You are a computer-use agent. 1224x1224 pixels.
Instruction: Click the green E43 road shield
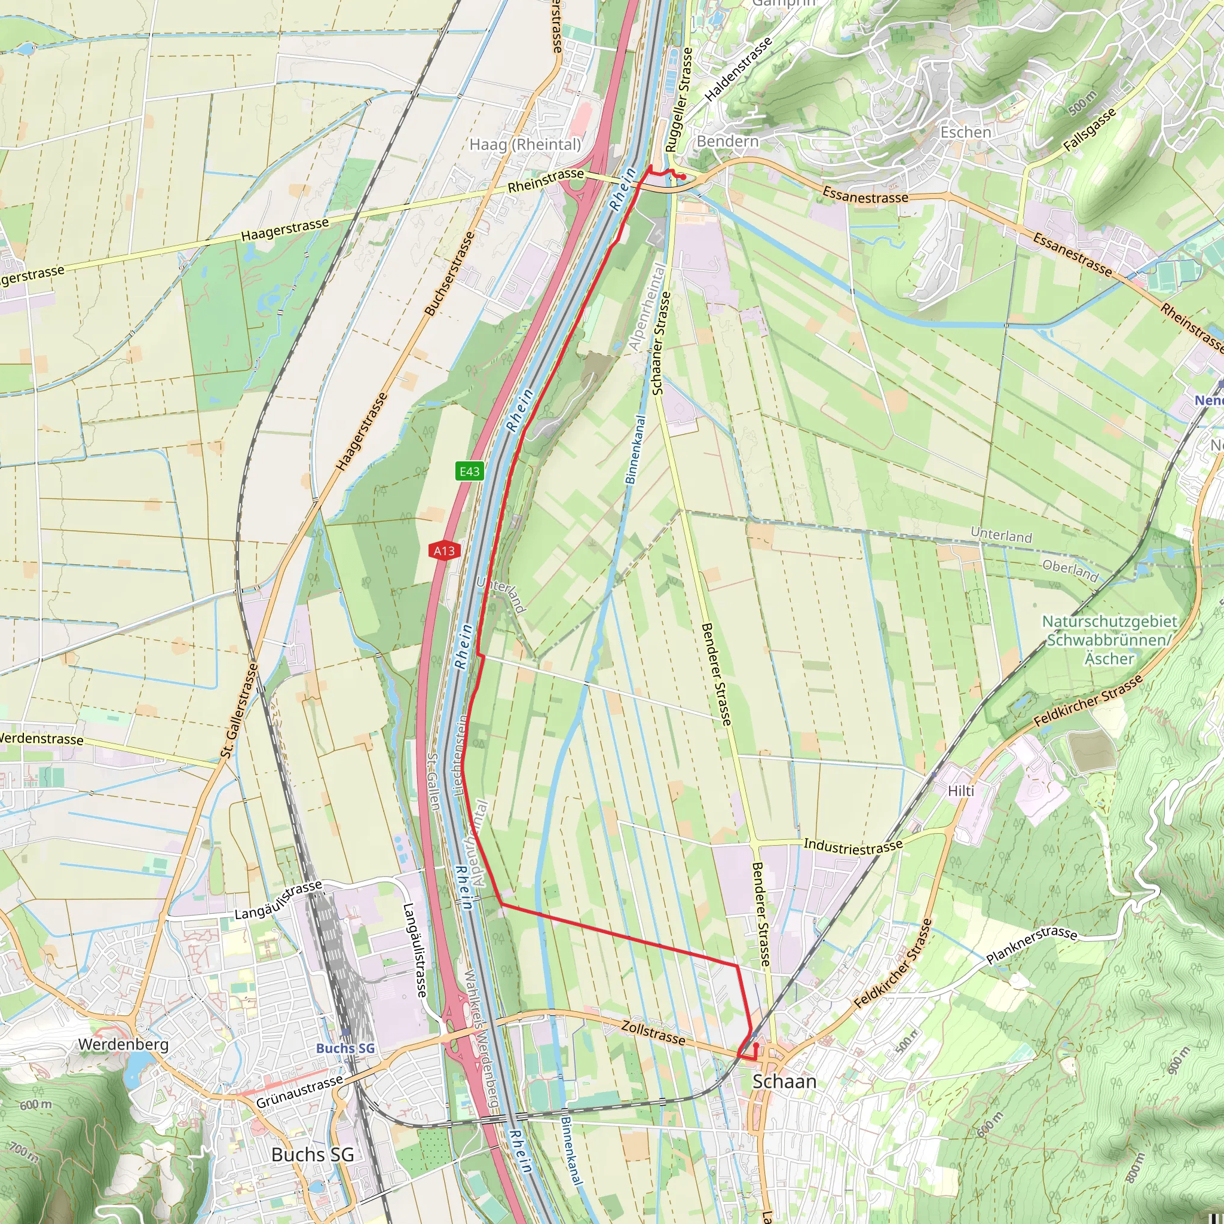(x=469, y=471)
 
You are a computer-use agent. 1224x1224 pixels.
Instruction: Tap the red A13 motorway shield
(x=444, y=550)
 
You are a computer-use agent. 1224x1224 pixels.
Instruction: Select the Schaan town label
(x=784, y=1081)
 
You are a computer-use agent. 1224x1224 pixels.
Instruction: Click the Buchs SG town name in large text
(x=313, y=1154)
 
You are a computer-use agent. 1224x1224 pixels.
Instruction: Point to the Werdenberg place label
(x=123, y=1044)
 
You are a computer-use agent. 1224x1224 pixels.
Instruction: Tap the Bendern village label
(x=727, y=140)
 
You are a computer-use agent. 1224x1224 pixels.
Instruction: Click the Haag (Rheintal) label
(x=525, y=145)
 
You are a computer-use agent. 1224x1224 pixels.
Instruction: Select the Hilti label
(x=961, y=791)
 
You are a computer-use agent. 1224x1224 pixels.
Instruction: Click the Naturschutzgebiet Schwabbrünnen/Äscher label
(x=1109, y=639)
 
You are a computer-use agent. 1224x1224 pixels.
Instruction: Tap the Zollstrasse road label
(x=653, y=1032)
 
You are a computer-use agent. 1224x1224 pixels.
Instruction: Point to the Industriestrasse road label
(x=853, y=845)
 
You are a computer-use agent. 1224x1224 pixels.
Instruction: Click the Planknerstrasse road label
(x=1032, y=945)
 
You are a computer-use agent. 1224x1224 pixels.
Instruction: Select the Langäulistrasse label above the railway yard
(x=278, y=900)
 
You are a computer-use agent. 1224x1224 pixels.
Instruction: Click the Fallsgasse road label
(x=1089, y=130)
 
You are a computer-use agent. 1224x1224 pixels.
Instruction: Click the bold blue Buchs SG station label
(x=345, y=1048)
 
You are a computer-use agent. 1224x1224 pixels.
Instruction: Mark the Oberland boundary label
(x=1070, y=570)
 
